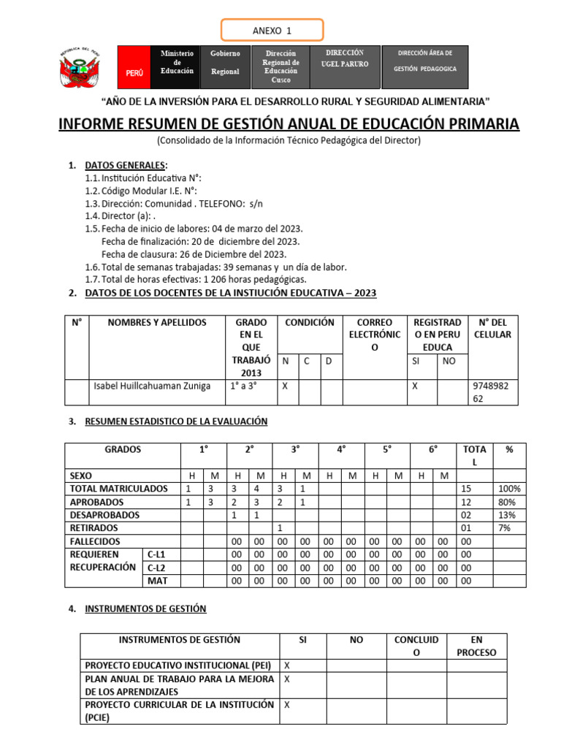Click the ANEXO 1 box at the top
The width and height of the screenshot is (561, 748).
272,31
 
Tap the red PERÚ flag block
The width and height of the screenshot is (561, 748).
134,67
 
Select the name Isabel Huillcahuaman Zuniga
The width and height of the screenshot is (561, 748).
152,386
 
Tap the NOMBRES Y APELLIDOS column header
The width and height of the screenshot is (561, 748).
157,323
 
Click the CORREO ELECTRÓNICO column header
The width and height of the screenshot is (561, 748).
375,335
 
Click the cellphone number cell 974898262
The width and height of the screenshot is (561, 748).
494,392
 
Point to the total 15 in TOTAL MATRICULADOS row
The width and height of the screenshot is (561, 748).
467,489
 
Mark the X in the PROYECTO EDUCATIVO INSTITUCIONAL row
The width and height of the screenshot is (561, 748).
287,665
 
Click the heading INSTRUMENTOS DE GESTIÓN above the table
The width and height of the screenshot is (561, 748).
145,608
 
